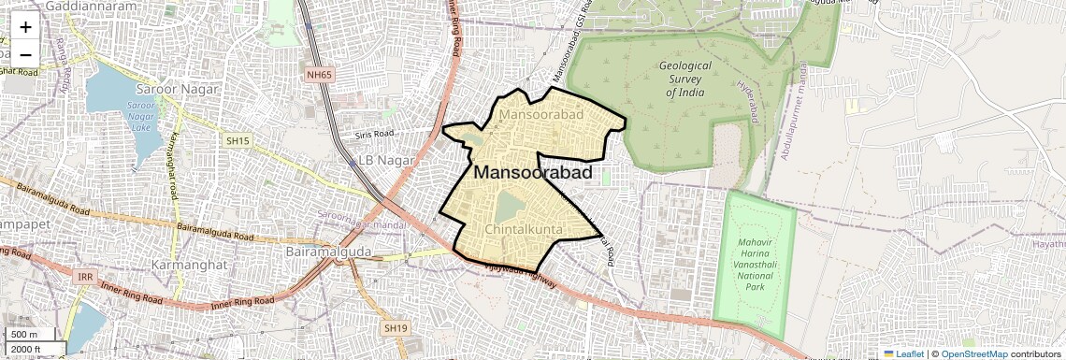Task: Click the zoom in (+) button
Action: click(25, 27)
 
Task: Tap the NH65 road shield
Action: click(319, 74)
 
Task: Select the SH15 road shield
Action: click(238, 140)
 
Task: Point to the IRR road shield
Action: click(85, 278)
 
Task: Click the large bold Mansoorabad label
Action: click(533, 173)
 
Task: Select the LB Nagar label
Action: click(386, 160)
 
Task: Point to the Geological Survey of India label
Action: click(685, 79)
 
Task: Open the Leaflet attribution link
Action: click(903, 353)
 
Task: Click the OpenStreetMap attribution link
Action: click(973, 353)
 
